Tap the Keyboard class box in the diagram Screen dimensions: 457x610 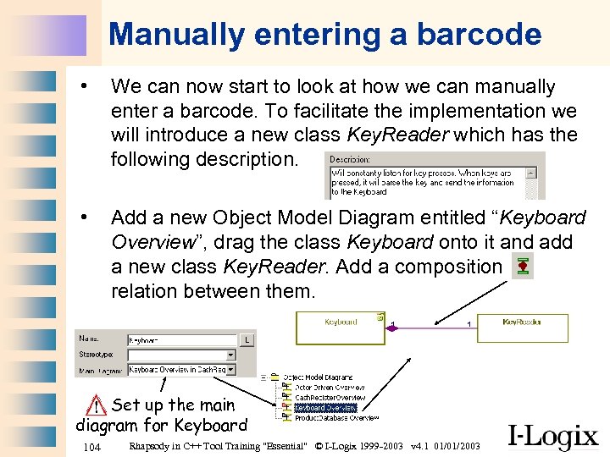(341, 327)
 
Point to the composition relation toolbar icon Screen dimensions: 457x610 (523, 267)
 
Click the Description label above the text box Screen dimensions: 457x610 (349, 158)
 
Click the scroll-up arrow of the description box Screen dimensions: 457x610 (531, 171)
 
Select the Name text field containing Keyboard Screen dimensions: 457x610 (180, 339)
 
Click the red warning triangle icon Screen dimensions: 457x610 (99, 405)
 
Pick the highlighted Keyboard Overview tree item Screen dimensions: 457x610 (325, 407)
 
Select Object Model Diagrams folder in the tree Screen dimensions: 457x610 (318, 377)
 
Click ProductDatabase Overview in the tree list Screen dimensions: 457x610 (336, 417)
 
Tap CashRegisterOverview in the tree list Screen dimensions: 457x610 (330, 397)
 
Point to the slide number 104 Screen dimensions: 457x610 (93, 446)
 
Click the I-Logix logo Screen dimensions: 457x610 (553, 436)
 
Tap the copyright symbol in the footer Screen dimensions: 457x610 (318, 446)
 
